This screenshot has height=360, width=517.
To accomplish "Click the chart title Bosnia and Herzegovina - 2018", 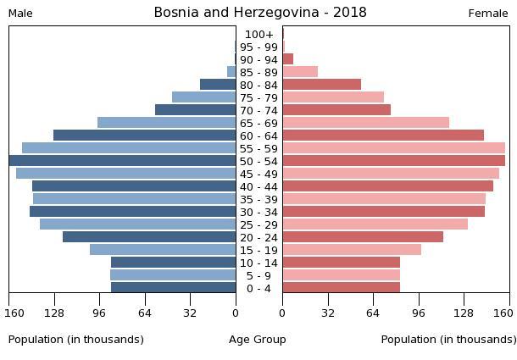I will coord(260,13).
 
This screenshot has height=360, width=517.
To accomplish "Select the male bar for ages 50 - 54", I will coord(123,161).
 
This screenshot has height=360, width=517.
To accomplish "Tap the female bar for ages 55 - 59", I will coord(393,148).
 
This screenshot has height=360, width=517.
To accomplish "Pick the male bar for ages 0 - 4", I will coord(174,288).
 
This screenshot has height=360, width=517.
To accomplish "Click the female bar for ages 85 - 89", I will coord(300,72).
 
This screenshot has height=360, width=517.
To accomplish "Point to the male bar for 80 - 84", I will coord(218,85).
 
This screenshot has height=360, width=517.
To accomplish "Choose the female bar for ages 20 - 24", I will coord(363,237).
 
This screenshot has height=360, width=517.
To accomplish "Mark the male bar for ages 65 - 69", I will coord(167,123).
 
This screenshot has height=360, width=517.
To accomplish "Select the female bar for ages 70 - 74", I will coord(336,110).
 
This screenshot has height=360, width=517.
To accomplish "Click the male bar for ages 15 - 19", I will coord(163,250).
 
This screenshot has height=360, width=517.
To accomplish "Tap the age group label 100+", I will coord(259,35).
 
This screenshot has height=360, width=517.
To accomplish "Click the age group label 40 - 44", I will coord(259,186).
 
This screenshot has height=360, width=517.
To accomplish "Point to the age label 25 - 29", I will coord(259,224).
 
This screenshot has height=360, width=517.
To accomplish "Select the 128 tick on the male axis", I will coord(55,313).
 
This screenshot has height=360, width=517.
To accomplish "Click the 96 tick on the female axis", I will coord(419,313).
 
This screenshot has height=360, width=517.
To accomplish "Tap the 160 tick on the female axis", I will coord(503,313).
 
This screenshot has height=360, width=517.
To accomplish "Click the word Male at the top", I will coord(20,14).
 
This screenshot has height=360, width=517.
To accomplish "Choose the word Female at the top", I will coord(488,14).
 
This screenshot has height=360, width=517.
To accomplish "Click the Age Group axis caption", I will coord(258,340).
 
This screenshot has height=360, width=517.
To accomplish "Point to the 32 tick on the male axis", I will coord(191,313).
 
